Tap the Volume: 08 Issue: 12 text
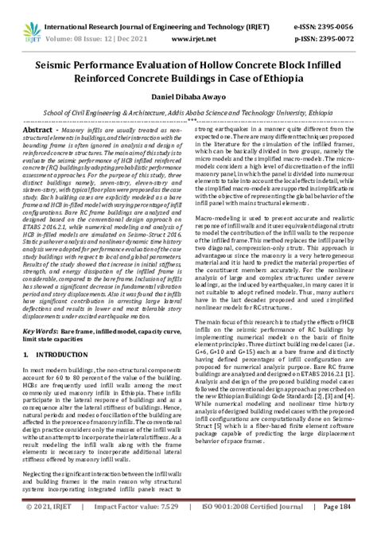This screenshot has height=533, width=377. click(78, 37)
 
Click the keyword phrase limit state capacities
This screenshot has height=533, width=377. click(56, 336)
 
